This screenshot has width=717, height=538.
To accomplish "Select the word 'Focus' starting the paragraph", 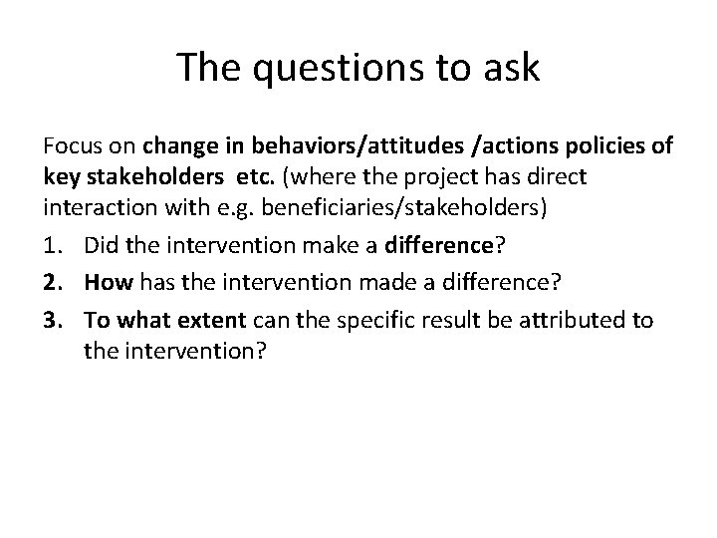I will click(69, 147).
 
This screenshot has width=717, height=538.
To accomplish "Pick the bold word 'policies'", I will click(608, 147).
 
